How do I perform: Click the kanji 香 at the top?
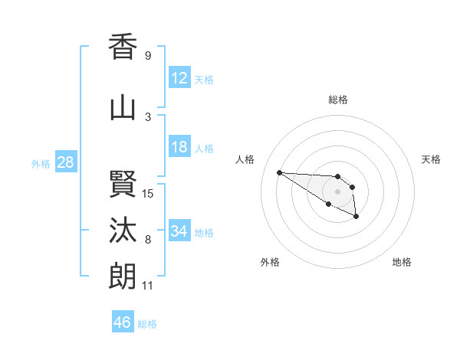(123, 47)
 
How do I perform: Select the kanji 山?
(123, 107)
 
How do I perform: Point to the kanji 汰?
(123, 229)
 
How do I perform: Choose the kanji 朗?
(123, 276)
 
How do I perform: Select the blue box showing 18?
(179, 147)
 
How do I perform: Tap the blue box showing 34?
(179, 231)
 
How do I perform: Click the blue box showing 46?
(123, 322)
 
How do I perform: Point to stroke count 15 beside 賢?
(148, 194)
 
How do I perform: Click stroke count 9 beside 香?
(148, 56)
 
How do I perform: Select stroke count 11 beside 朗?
(148, 286)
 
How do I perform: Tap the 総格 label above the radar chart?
(338, 100)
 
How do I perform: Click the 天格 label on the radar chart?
(431, 159)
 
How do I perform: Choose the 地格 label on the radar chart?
(402, 262)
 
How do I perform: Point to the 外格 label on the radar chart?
(270, 262)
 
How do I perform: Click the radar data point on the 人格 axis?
(279, 172)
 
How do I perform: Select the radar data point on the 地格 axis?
(356, 218)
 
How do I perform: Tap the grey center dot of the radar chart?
(337, 191)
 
